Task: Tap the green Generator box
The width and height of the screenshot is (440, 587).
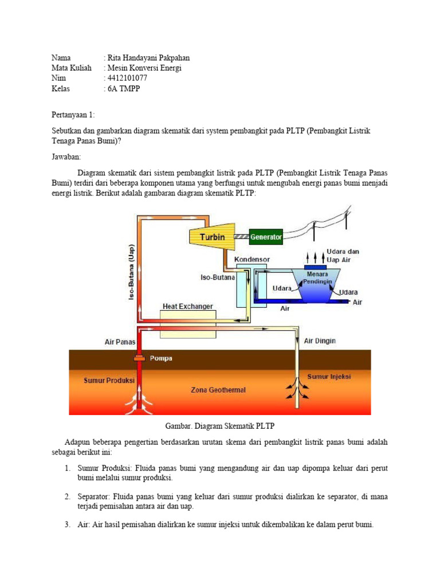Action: tap(266, 236)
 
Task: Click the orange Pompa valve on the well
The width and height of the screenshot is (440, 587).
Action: tap(140, 358)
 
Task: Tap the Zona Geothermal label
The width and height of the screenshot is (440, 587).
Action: tap(218, 390)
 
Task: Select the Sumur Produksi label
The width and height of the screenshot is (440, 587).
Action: tap(109, 380)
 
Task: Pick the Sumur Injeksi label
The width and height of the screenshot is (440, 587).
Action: tap(329, 377)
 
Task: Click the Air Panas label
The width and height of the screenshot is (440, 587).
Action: tap(120, 342)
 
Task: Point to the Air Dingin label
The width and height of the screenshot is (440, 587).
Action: tap(320, 341)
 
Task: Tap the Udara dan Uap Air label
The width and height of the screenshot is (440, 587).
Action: tap(343, 256)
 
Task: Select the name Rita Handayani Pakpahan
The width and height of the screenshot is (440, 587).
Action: tap(147, 58)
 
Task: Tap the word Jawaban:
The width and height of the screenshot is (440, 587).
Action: tap(66, 156)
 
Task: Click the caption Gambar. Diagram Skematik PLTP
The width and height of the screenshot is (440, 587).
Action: tap(221, 426)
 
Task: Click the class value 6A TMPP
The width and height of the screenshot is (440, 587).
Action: tap(123, 89)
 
